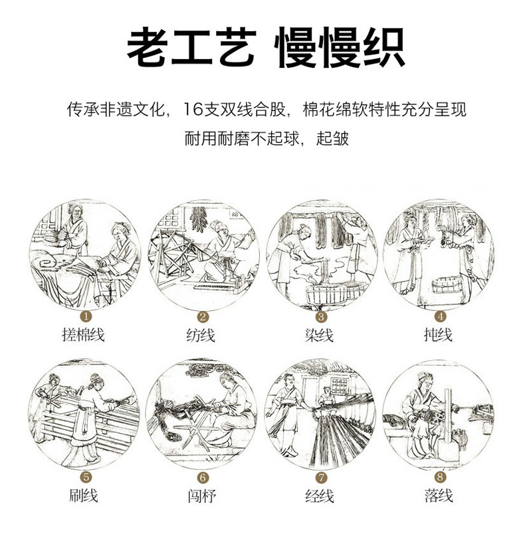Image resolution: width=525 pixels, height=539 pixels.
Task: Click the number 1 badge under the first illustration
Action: (86, 316)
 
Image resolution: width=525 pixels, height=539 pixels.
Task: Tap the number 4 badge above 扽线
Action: (440, 316)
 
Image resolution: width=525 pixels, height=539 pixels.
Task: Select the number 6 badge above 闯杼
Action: (203, 477)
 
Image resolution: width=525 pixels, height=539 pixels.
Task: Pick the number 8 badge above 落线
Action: (440, 477)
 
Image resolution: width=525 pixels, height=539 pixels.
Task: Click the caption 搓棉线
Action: (83, 334)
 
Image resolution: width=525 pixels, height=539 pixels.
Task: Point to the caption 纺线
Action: (201, 335)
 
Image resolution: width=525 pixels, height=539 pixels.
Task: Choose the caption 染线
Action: (319, 335)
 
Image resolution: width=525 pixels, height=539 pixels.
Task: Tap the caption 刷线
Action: (84, 495)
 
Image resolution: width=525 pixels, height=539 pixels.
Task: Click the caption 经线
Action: (320, 496)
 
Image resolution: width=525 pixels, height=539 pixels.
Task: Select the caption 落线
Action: (439, 495)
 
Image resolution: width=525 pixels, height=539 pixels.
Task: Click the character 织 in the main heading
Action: (384, 47)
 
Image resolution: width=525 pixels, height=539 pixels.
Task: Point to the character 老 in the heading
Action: (147, 47)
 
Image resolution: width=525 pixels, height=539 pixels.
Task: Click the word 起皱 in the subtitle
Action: (332, 138)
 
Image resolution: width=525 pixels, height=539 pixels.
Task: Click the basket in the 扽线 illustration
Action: (448, 284)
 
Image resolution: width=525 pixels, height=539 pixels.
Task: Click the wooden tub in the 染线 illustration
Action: (326, 294)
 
